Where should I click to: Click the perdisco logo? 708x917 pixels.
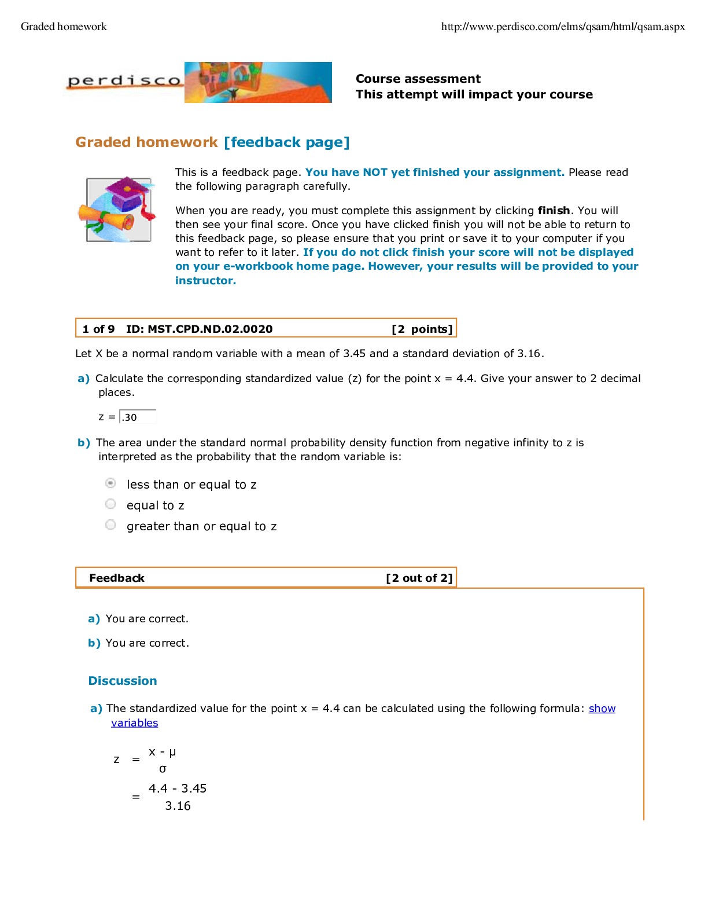tap(123, 82)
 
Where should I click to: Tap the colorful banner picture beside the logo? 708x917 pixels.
tap(258, 82)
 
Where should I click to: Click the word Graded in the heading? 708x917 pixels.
tap(104, 142)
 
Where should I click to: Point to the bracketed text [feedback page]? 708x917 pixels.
tap(287, 142)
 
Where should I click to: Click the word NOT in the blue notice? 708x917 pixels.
tap(375, 173)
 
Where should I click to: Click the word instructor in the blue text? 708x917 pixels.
tap(205, 281)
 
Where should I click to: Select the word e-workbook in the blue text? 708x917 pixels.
tap(258, 266)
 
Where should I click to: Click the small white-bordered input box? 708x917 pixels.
tap(138, 416)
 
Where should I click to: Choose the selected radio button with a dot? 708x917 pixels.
tap(110, 483)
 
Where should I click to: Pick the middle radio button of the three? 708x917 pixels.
tap(110, 504)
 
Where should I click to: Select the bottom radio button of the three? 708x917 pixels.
tap(110, 524)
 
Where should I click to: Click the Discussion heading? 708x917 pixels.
tap(123, 681)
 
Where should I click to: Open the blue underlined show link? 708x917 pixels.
tap(602, 709)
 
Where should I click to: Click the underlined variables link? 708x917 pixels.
tap(135, 723)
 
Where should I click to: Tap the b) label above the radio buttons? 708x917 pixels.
tap(84, 443)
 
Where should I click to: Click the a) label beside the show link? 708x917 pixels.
tap(96, 709)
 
